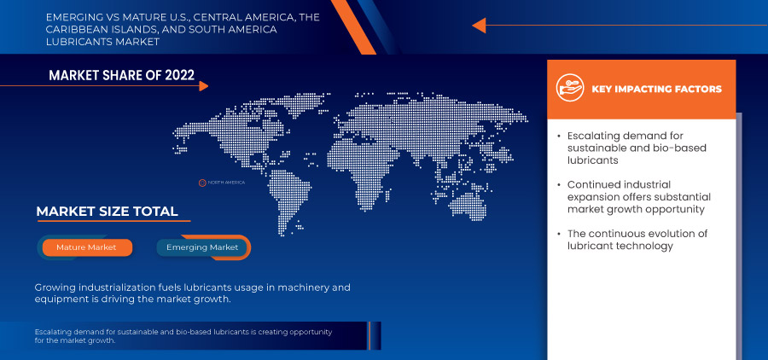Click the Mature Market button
coord(85,247)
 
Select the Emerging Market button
coord(202,247)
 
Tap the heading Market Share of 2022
coord(122,75)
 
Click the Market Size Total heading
coord(107,212)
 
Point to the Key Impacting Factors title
coord(656,89)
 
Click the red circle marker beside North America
coord(203,183)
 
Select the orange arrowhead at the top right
coord(479,26)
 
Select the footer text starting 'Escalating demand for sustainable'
coord(183,335)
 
